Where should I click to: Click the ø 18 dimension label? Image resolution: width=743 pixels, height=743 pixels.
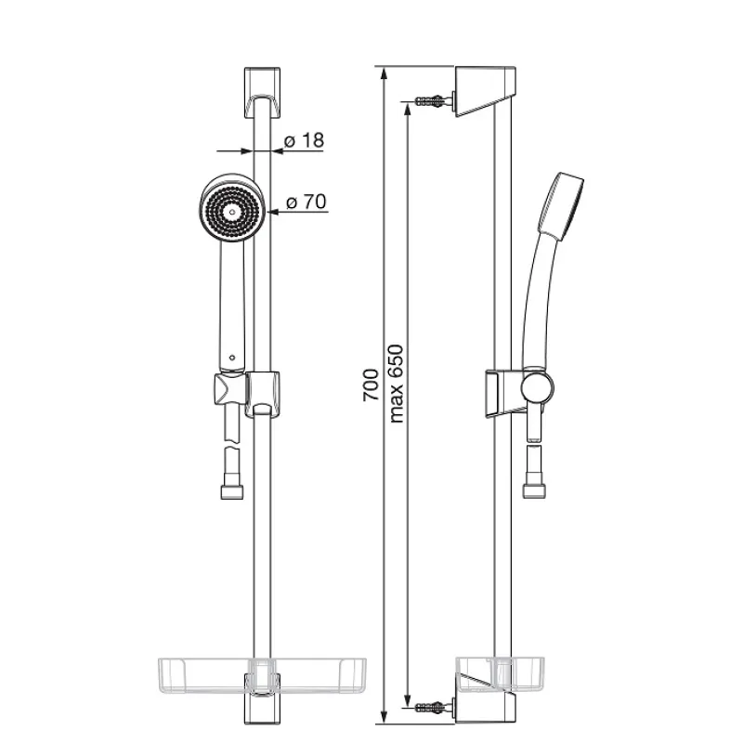tap(304, 140)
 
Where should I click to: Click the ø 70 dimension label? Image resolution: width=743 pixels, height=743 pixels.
tap(306, 202)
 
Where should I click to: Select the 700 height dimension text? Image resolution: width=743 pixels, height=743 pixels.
tap(371, 385)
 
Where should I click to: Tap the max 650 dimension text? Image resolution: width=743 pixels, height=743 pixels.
tap(396, 384)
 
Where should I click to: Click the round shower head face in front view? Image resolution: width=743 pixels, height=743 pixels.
tap(231, 211)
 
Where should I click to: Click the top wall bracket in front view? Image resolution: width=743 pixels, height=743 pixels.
tap(263, 92)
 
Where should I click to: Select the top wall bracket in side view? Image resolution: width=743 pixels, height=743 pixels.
tap(485, 92)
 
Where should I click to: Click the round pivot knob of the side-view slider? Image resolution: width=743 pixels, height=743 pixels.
tap(538, 386)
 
